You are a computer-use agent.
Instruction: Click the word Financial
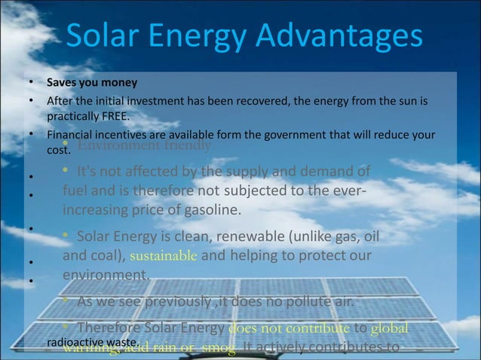[x=70, y=135]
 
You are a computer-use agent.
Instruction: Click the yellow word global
[x=392, y=328]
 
